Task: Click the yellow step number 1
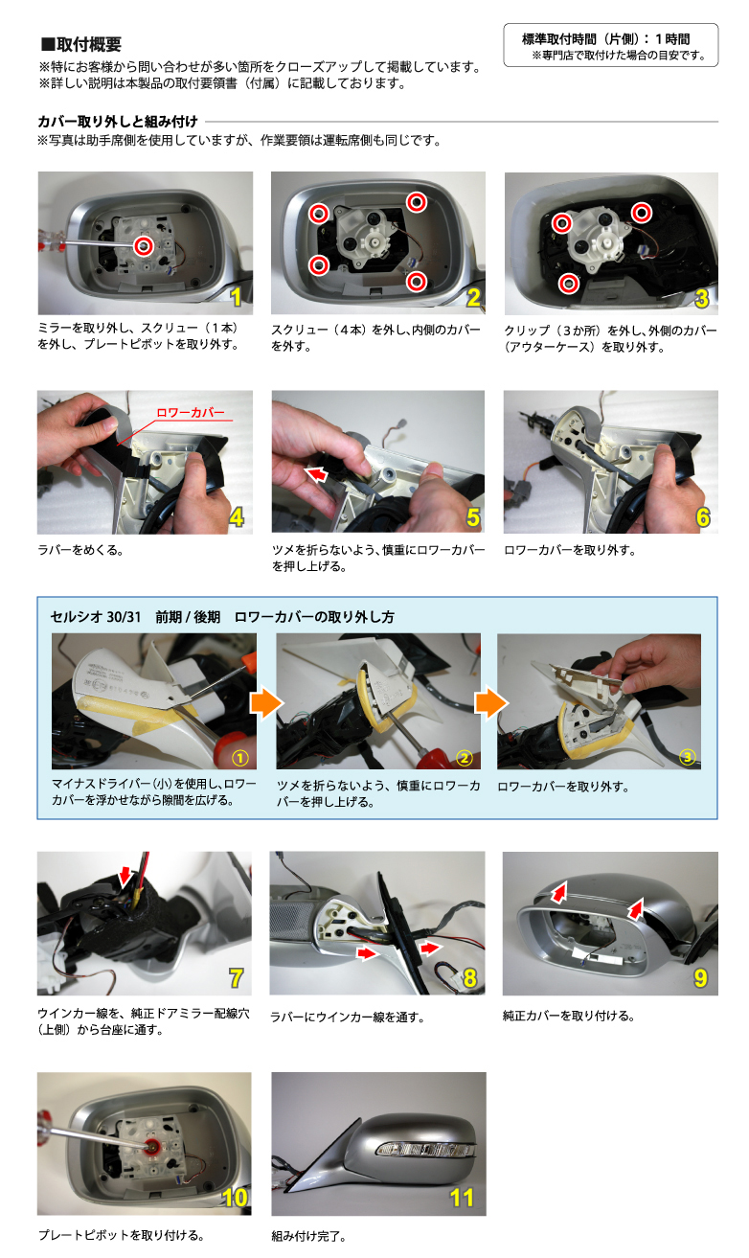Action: point(237,297)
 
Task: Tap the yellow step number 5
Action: point(473,517)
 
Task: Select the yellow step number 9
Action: point(700,978)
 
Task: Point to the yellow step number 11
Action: point(462,1199)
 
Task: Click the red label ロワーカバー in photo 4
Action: point(190,413)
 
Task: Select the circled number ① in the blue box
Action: point(239,758)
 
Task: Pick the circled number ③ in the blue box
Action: point(688,758)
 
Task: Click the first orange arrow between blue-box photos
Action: point(266,703)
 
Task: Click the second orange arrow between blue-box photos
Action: point(490,703)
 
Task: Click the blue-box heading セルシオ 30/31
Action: point(96,617)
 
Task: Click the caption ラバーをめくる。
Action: point(80,550)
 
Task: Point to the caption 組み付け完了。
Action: point(308,1236)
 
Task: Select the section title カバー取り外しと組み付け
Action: point(118,122)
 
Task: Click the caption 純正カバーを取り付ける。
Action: point(569,1016)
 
